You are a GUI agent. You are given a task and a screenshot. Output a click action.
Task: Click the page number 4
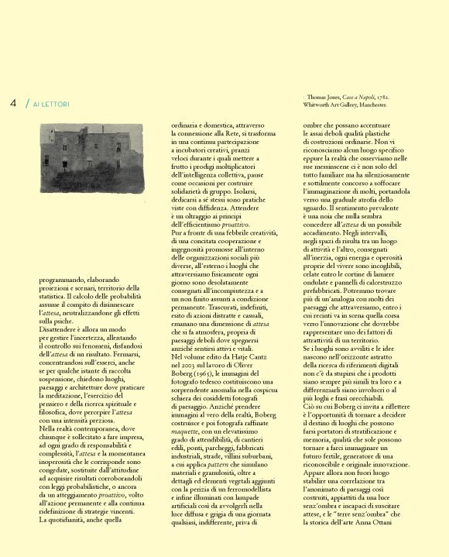point(13,103)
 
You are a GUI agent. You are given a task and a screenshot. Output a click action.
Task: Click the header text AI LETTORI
point(51,104)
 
